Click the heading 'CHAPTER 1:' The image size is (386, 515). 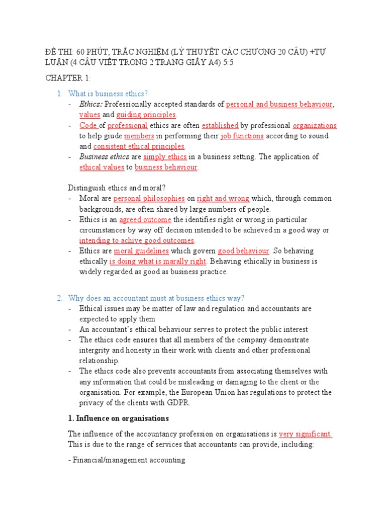(67, 78)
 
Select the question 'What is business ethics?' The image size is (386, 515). (108, 94)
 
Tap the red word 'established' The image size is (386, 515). (220, 125)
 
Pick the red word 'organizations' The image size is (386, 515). (315, 125)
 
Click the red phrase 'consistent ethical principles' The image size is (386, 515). (139, 146)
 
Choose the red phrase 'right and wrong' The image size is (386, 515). (223, 198)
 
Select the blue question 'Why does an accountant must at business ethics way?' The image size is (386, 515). (156, 298)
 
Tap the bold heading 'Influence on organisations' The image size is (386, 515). (122, 418)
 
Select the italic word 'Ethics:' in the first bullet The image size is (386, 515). (91, 104)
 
